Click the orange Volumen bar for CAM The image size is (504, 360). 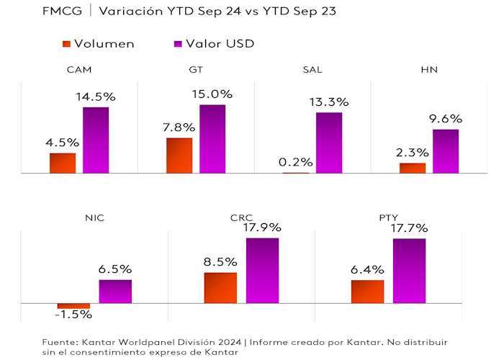point(63,163)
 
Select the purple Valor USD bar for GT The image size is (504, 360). point(212,139)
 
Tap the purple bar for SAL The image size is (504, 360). point(329,143)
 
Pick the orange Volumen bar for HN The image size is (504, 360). point(413,168)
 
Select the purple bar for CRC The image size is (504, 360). point(262,270)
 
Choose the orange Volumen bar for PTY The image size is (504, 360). point(367,292)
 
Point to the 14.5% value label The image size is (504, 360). point(96,96)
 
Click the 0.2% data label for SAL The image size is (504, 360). point(296,162)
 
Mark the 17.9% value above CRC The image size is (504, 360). point(262,228)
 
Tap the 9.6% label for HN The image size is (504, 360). point(446,119)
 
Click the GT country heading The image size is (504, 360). point(195,70)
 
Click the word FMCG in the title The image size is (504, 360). point(60,11)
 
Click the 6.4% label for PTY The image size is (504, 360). point(367,270)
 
